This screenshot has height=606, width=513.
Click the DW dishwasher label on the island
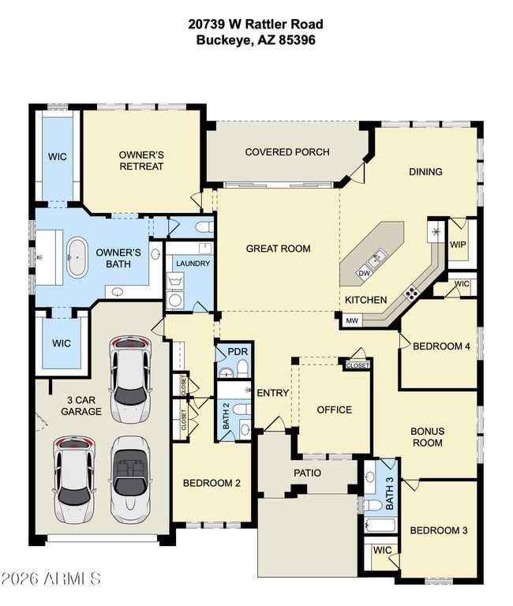364,273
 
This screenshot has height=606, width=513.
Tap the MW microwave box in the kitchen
352,320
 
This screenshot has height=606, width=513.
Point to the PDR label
238,352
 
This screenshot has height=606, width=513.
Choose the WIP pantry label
458,245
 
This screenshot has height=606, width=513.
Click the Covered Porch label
287,151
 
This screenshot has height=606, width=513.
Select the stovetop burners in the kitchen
411,292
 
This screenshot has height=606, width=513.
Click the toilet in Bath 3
373,504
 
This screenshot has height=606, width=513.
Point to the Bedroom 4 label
441,346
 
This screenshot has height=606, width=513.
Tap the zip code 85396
297,39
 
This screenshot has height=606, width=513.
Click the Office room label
335,410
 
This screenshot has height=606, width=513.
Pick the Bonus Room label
428,436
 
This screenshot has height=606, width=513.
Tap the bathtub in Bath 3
380,526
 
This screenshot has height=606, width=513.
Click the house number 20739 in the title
207,24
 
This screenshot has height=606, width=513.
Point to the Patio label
307,473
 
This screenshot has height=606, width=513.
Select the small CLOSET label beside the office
358,365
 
